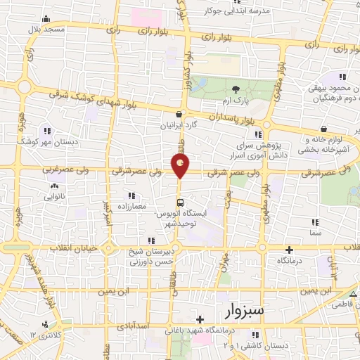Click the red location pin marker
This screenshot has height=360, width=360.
point(181,165)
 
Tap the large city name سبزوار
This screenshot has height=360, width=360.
point(243,309)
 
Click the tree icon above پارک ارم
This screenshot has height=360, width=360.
point(235,89)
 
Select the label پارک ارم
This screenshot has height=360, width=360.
point(235,101)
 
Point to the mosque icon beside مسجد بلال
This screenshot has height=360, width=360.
point(46,18)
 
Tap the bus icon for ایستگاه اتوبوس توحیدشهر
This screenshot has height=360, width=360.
point(181,203)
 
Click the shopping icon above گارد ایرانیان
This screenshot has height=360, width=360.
point(181,114)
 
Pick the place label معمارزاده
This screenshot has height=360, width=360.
point(130,206)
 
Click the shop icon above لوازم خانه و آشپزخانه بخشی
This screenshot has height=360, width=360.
point(323,129)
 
